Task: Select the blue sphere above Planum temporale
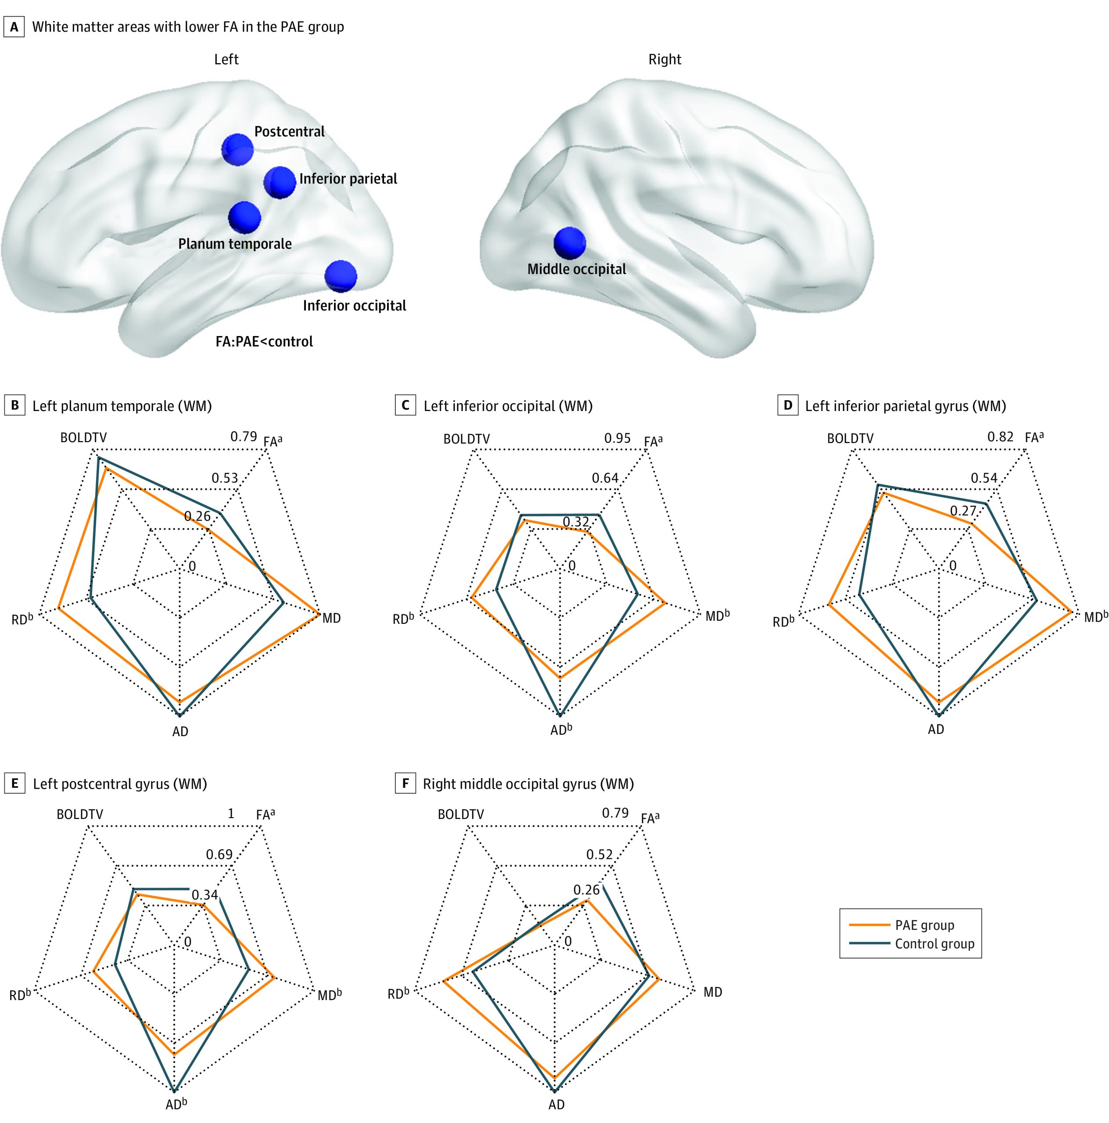click(244, 218)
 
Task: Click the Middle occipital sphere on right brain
click(569, 243)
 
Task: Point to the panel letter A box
click(14, 27)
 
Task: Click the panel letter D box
click(787, 405)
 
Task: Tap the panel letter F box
click(406, 783)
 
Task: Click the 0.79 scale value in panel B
click(243, 436)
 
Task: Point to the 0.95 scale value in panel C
click(617, 438)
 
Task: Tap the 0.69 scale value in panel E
click(219, 855)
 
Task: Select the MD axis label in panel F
click(713, 992)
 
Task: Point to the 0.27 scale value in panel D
click(963, 511)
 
